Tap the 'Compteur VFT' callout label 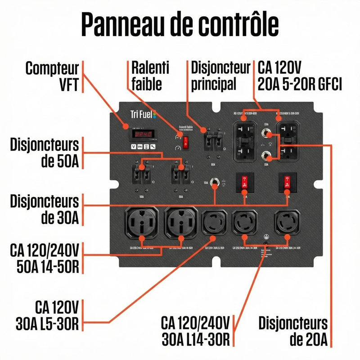[52, 76]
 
